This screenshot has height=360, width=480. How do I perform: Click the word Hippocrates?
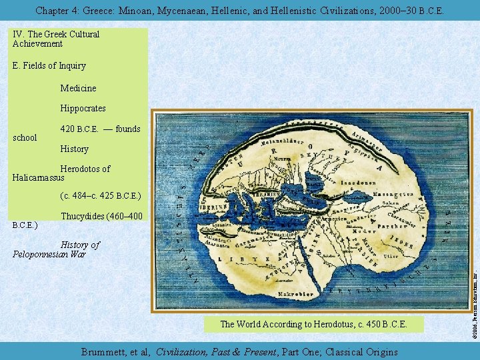83,108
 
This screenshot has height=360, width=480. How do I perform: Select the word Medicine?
78,88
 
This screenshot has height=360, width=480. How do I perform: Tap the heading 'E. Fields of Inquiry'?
49,66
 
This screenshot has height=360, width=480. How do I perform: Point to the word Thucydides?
83,216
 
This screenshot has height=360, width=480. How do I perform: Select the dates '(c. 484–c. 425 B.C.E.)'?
101,196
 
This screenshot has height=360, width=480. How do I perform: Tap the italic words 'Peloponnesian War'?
49,254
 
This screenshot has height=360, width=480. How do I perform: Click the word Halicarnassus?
38,178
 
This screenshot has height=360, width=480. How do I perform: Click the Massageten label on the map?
392,193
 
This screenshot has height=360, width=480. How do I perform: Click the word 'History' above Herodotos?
74,149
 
